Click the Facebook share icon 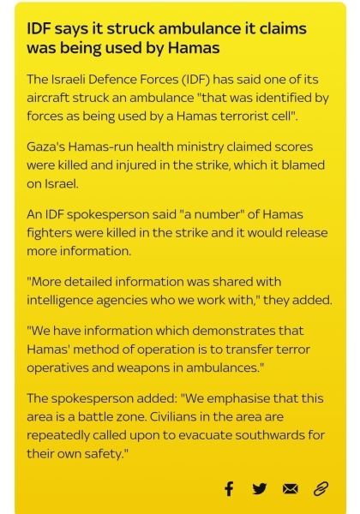229,488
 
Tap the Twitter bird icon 260,488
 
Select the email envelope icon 291,488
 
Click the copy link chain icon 321,488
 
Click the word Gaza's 48,146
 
